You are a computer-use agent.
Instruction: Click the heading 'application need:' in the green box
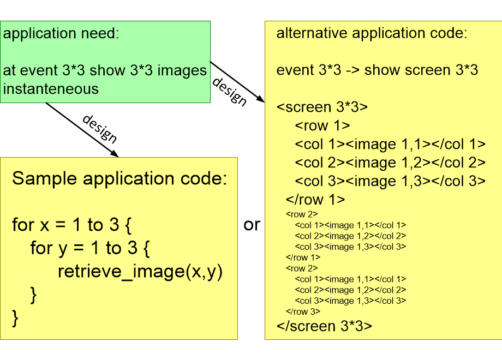pyautogui.click(x=61, y=34)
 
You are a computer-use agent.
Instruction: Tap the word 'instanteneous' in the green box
pyautogui.click(x=51, y=88)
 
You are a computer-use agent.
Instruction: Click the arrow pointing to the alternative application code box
pyautogui.click(x=237, y=81)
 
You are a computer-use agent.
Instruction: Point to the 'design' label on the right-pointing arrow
pyautogui.click(x=230, y=91)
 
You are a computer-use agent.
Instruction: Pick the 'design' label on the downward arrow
pyautogui.click(x=100, y=129)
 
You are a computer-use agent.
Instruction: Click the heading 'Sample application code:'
pyautogui.click(x=119, y=178)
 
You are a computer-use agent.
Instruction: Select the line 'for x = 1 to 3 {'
pyautogui.click(x=72, y=224)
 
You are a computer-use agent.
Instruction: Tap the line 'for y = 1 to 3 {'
pyautogui.click(x=89, y=248)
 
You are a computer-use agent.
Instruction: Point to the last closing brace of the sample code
pyautogui.click(x=15, y=317)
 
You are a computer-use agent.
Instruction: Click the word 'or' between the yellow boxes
pyautogui.click(x=252, y=224)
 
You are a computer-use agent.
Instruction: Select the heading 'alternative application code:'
pyautogui.click(x=372, y=33)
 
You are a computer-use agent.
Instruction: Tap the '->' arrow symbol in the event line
pyautogui.click(x=351, y=70)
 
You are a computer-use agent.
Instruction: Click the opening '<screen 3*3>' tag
pyautogui.click(x=322, y=107)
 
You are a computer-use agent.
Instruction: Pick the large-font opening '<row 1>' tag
pyautogui.click(x=322, y=126)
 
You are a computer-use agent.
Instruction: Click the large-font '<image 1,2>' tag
pyautogui.click(x=388, y=163)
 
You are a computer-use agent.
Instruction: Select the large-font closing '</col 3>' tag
pyautogui.click(x=458, y=181)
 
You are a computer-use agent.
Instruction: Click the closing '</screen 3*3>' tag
pyautogui.click(x=325, y=326)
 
